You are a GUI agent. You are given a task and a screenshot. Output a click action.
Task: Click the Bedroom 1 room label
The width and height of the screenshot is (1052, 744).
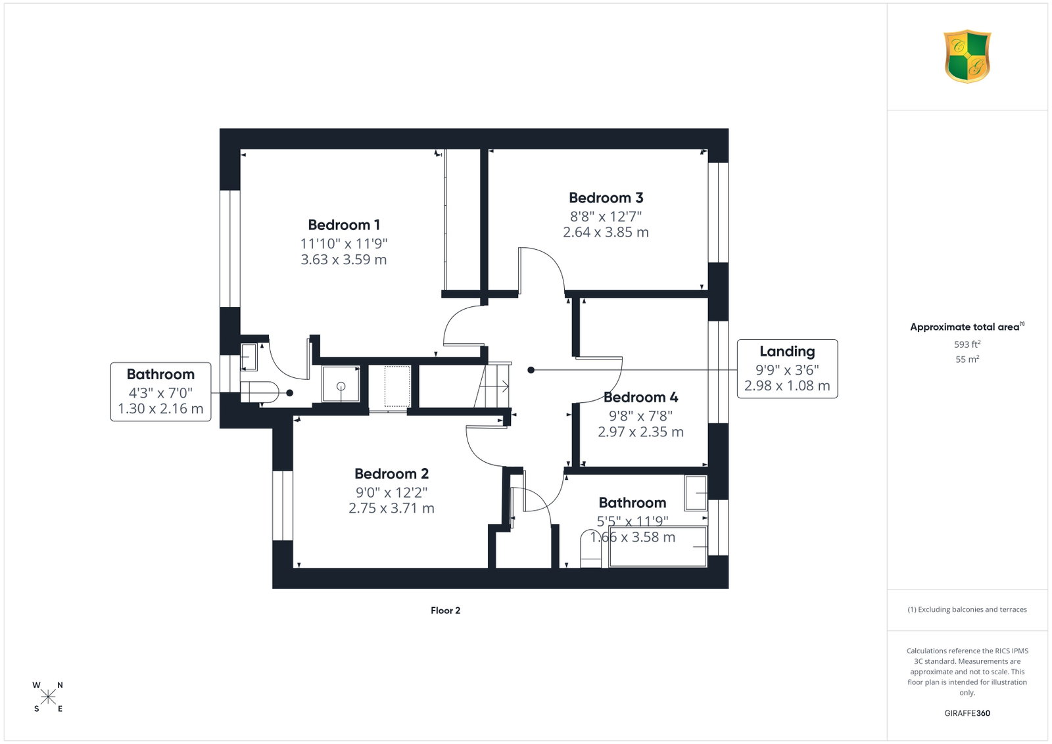coord(344,225)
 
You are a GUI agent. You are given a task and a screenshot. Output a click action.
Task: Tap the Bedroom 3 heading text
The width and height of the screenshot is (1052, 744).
coord(606,198)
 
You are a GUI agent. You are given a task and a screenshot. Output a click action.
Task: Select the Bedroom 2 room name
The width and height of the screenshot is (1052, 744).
coord(391,474)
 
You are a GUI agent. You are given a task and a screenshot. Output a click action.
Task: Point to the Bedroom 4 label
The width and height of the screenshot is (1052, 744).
coord(640,397)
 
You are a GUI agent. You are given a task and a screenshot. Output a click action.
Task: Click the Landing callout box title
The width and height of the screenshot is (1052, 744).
coord(787,351)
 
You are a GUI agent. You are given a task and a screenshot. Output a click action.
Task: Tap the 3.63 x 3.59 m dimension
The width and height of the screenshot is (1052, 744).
coord(344,260)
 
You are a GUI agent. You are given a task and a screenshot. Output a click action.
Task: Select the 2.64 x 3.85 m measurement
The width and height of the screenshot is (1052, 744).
coord(606,233)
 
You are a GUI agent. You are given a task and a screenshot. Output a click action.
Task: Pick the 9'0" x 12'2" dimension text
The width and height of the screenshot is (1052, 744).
coord(391,492)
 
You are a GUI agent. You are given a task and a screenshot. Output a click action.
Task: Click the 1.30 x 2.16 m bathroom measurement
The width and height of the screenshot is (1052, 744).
coord(160,409)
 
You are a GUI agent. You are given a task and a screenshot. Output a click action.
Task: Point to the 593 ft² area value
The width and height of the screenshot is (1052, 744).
coord(967,344)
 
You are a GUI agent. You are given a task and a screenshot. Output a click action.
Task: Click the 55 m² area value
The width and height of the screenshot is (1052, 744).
coord(967,359)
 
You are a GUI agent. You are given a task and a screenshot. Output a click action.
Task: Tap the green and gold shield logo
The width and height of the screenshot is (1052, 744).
coord(967,57)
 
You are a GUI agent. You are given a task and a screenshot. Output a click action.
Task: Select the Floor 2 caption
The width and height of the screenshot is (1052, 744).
coord(445,610)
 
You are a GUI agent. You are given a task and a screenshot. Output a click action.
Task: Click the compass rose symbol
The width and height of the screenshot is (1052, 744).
coord(48,697)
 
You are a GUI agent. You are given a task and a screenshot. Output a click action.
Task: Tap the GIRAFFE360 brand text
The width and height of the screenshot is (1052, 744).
coord(967,713)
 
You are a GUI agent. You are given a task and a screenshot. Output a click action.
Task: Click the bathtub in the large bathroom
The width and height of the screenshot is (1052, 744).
coord(657,547)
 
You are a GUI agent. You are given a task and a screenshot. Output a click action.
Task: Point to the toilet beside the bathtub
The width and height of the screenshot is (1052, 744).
coord(590,549)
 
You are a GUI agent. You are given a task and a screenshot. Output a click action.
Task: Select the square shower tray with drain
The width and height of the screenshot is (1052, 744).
coord(341,384)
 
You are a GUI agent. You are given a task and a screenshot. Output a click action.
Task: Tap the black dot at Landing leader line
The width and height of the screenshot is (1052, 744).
coord(531,370)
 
